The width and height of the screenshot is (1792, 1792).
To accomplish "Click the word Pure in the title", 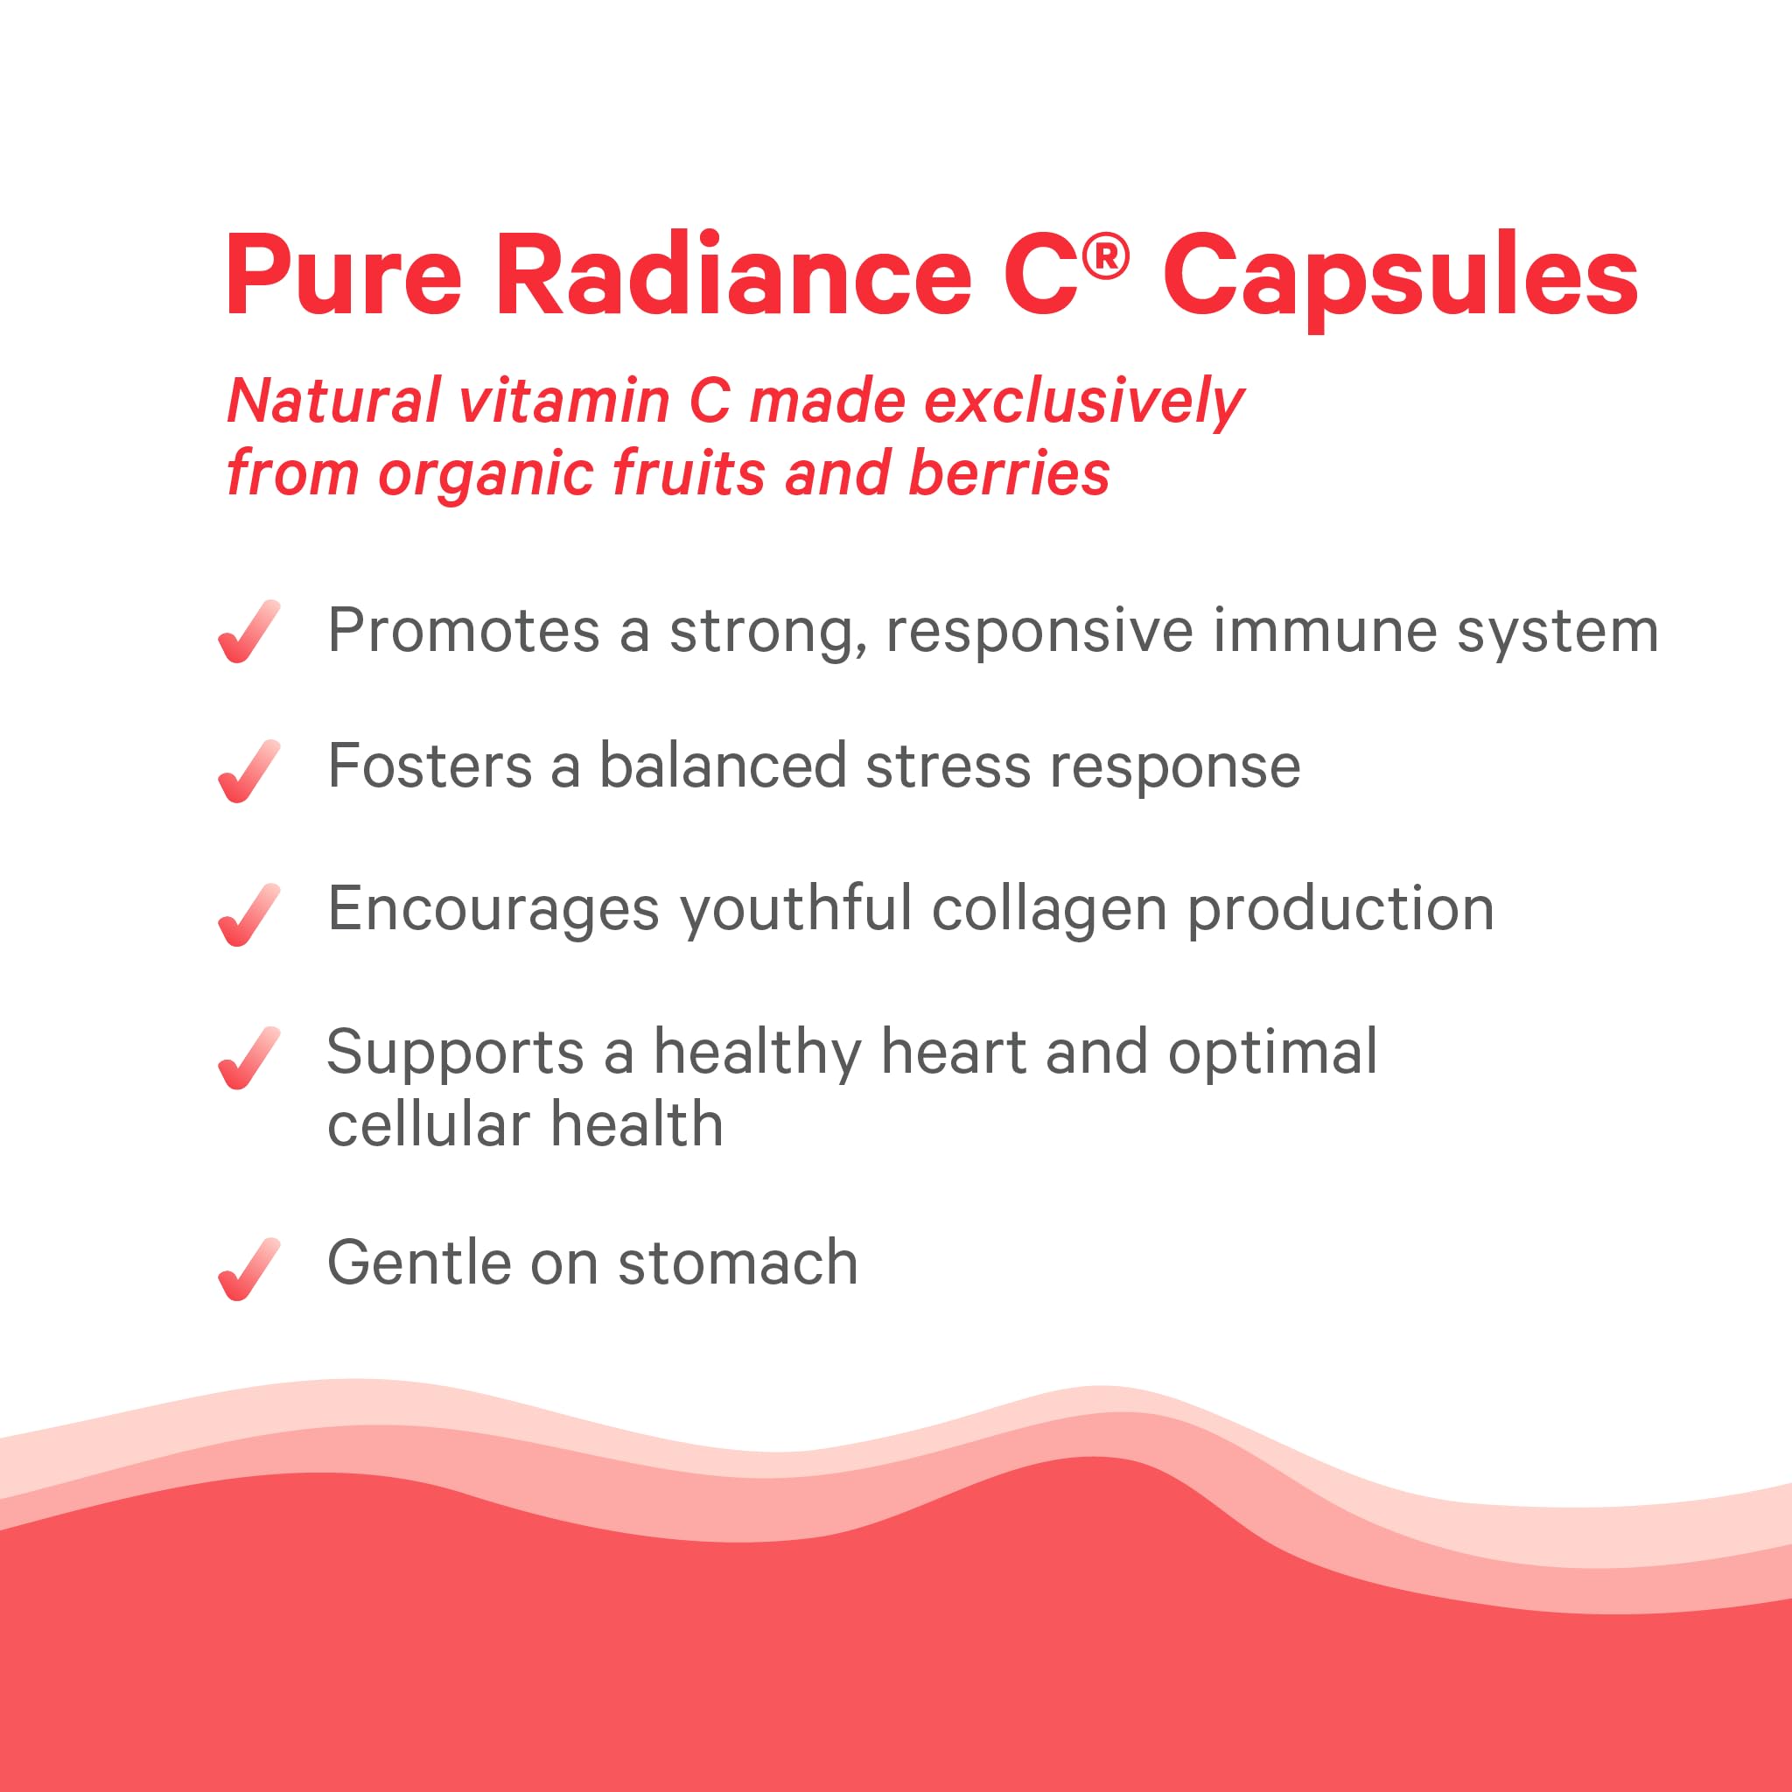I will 343,276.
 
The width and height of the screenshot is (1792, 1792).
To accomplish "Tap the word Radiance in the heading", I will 732,276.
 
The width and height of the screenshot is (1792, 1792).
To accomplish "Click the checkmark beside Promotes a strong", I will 248,633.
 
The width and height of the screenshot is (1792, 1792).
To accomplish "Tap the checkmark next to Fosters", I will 248,772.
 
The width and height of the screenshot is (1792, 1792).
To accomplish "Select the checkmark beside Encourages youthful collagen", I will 248,915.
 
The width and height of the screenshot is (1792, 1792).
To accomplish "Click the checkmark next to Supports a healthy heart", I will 248,1059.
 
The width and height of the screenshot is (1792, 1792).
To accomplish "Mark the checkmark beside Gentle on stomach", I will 248,1270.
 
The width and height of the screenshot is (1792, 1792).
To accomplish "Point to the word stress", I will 947,767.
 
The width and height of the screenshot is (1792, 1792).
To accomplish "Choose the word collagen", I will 1049,909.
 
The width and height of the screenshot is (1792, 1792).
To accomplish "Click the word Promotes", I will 464,632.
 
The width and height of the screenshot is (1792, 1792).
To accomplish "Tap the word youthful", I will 796,909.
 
